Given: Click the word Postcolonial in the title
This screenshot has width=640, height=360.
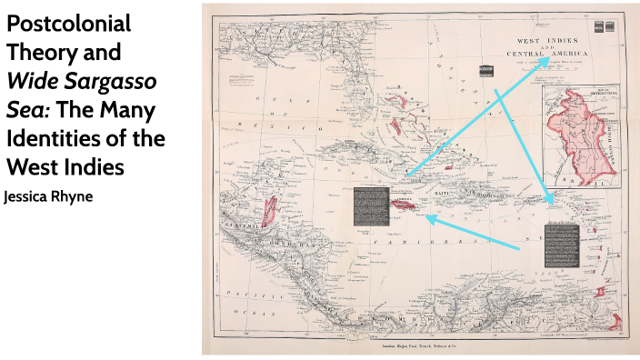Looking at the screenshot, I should [x=68, y=25].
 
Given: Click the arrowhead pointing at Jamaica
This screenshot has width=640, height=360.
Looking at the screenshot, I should [x=428, y=218].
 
